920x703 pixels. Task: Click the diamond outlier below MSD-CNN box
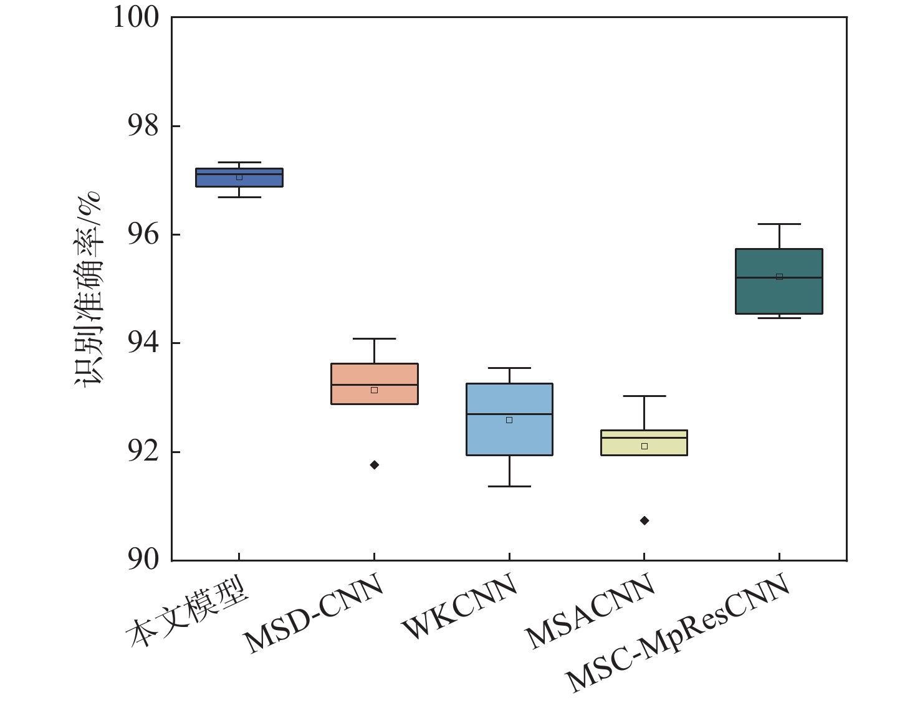tap(375, 465)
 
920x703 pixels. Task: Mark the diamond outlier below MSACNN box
tap(644, 520)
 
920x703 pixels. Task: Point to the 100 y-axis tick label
tap(136, 17)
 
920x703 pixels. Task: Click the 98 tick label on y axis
tap(143, 127)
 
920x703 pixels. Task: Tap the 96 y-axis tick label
tap(143, 235)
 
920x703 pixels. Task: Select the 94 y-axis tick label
tap(143, 343)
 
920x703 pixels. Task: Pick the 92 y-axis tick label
tap(143, 452)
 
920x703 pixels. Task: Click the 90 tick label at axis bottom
tap(143, 560)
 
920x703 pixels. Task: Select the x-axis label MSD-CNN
tap(314, 614)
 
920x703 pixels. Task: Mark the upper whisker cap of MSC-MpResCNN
tap(779, 224)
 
